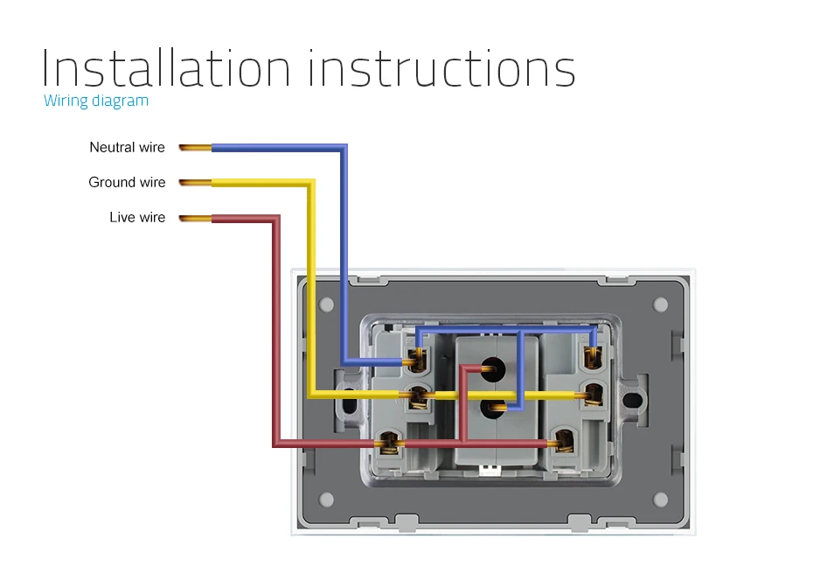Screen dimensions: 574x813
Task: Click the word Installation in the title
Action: [165, 67]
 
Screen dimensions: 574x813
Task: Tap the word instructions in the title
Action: [441, 67]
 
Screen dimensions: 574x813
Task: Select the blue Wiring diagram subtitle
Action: [96, 101]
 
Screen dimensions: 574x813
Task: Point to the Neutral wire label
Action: [127, 147]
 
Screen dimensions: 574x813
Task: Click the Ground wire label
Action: [127, 182]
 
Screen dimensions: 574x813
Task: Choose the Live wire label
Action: [137, 217]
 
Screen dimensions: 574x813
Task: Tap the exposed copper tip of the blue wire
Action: [195, 148]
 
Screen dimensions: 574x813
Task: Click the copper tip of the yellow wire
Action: [195, 183]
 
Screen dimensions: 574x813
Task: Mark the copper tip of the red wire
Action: [195, 218]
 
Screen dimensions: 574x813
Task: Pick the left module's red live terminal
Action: [389, 444]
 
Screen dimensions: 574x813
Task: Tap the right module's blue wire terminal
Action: [594, 355]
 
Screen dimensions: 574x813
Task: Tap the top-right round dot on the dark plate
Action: [660, 304]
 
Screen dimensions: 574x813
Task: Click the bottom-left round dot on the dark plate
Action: [327, 500]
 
